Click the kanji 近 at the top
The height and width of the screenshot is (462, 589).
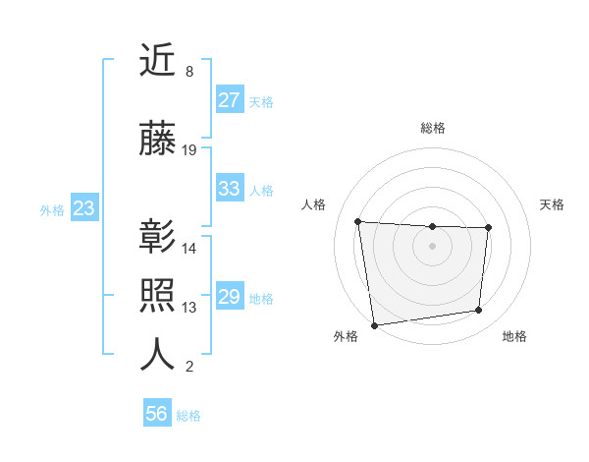(x=158, y=61)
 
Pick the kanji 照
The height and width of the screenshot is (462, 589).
(x=158, y=296)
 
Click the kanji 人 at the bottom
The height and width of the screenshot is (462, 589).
(x=158, y=354)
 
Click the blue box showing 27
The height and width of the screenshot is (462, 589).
(x=230, y=100)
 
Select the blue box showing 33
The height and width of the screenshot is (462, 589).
(x=230, y=189)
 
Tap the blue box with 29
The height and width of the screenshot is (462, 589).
(x=230, y=297)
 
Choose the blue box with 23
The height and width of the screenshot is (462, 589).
(x=83, y=208)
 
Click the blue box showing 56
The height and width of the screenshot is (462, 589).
(x=157, y=414)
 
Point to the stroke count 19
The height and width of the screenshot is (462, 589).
(x=189, y=150)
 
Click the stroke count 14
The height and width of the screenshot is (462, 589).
(x=189, y=248)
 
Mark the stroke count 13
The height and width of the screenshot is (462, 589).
(x=189, y=307)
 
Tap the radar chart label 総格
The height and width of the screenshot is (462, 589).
(x=432, y=128)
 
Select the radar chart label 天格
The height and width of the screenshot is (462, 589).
(x=552, y=204)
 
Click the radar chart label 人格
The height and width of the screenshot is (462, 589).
(x=313, y=204)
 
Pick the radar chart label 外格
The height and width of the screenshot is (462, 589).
(x=346, y=336)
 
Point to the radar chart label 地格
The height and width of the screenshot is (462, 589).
(x=514, y=336)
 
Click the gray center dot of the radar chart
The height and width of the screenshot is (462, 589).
(x=432, y=246)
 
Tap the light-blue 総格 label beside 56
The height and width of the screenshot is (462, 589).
(x=188, y=416)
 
